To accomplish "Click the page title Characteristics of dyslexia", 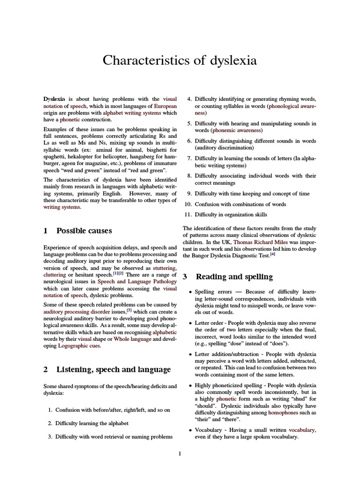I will [x=180, y=60].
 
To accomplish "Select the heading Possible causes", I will [x=84, y=231].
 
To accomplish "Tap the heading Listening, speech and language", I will [x=113, y=369].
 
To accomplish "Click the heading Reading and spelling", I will [x=234, y=277].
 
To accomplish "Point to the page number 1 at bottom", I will [x=180, y=453].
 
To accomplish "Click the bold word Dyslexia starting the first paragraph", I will [x=54, y=99].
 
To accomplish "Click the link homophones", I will [x=283, y=413].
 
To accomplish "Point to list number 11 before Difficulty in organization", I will [x=187, y=215].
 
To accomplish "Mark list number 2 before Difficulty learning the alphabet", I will [x=50, y=423].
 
